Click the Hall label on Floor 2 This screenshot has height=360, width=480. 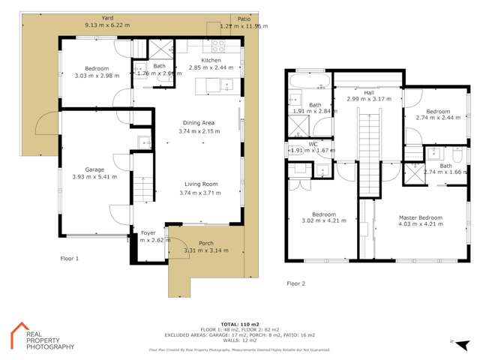tap(368, 91)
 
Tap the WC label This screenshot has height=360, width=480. tap(313, 143)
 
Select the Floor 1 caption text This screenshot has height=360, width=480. tap(69, 257)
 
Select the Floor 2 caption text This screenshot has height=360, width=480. tap(296, 283)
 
